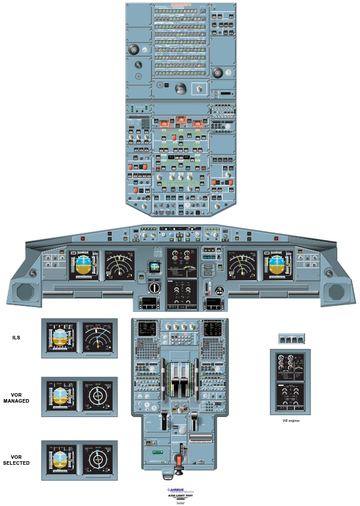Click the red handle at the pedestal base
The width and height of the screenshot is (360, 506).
pyautogui.click(x=177, y=463)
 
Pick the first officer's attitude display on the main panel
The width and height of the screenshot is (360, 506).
pyautogui.click(x=278, y=265)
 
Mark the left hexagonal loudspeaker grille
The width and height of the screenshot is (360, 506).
pyautogui.click(x=26, y=292)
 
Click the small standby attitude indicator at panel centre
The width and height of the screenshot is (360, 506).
pyautogui.click(x=155, y=267)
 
